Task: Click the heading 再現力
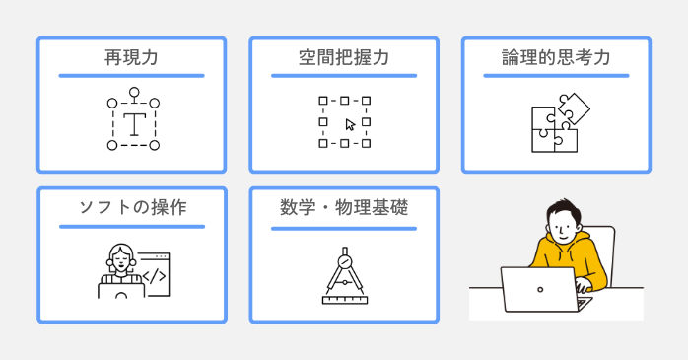(131, 58)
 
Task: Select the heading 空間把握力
(344, 58)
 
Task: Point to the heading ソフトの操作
(131, 208)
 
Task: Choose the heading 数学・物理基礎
(344, 208)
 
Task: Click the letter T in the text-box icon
(133, 123)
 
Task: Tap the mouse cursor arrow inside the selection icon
(350, 125)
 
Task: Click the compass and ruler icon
(344, 276)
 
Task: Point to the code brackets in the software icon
(154, 276)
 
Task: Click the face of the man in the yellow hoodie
(560, 229)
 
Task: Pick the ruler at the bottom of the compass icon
(344, 298)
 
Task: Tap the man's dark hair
(558, 210)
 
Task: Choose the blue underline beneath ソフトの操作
(131, 226)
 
